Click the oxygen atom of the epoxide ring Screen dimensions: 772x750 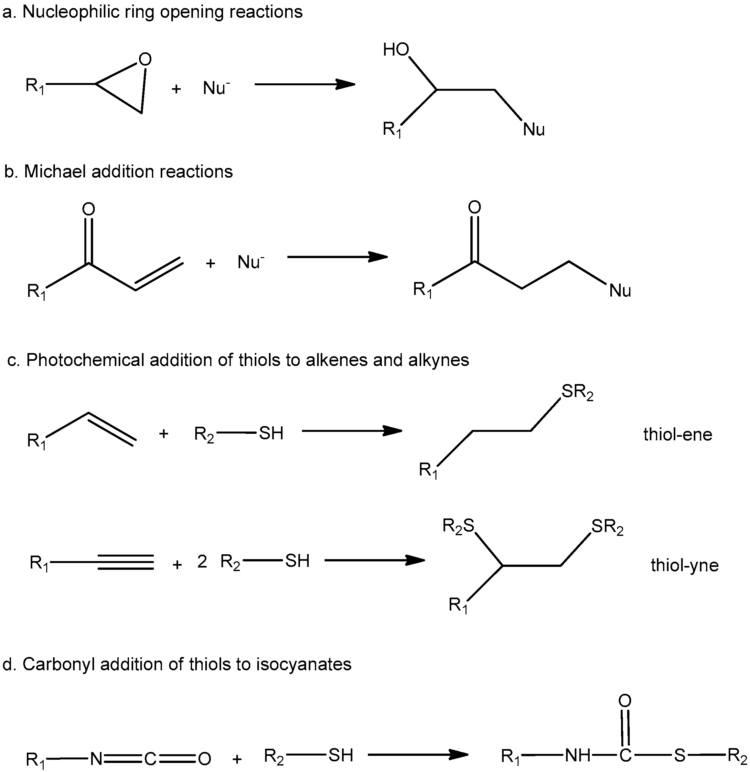(x=145, y=59)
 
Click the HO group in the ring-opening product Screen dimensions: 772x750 (x=396, y=50)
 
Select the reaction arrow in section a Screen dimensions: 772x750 (x=304, y=84)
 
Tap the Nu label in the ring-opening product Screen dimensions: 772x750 (x=534, y=130)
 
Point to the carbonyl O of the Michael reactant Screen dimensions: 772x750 (x=89, y=209)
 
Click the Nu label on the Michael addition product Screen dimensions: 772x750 (x=620, y=291)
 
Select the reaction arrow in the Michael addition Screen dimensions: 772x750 (x=337, y=257)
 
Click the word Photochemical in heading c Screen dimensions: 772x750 (x=85, y=360)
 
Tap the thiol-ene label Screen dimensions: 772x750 (x=678, y=435)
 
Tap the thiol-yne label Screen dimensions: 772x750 (x=685, y=566)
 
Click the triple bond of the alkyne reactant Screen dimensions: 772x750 (x=125, y=562)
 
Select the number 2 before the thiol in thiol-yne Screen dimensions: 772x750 (x=202, y=562)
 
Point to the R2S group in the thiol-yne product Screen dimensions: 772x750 (x=458, y=526)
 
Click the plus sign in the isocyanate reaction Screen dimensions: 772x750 (x=237, y=759)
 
